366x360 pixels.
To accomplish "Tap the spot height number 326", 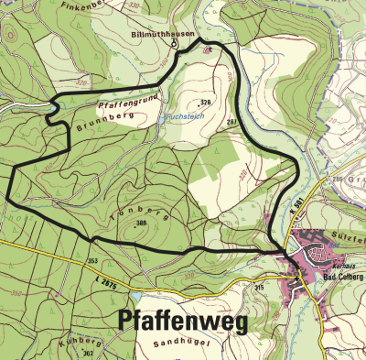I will [x=205, y=102].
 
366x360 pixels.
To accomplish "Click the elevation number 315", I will [x=259, y=289].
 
